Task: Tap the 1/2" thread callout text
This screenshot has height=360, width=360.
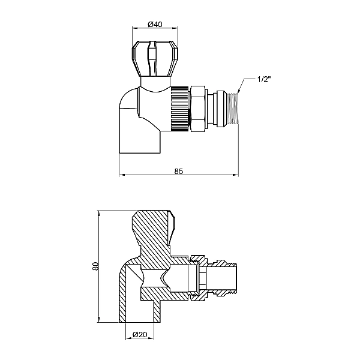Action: [x=265, y=79]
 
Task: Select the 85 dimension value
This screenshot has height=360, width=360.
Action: [x=178, y=171]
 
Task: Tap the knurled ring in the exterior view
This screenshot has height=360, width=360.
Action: [x=179, y=107]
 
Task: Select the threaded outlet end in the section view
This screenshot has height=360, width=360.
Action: [x=227, y=277]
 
